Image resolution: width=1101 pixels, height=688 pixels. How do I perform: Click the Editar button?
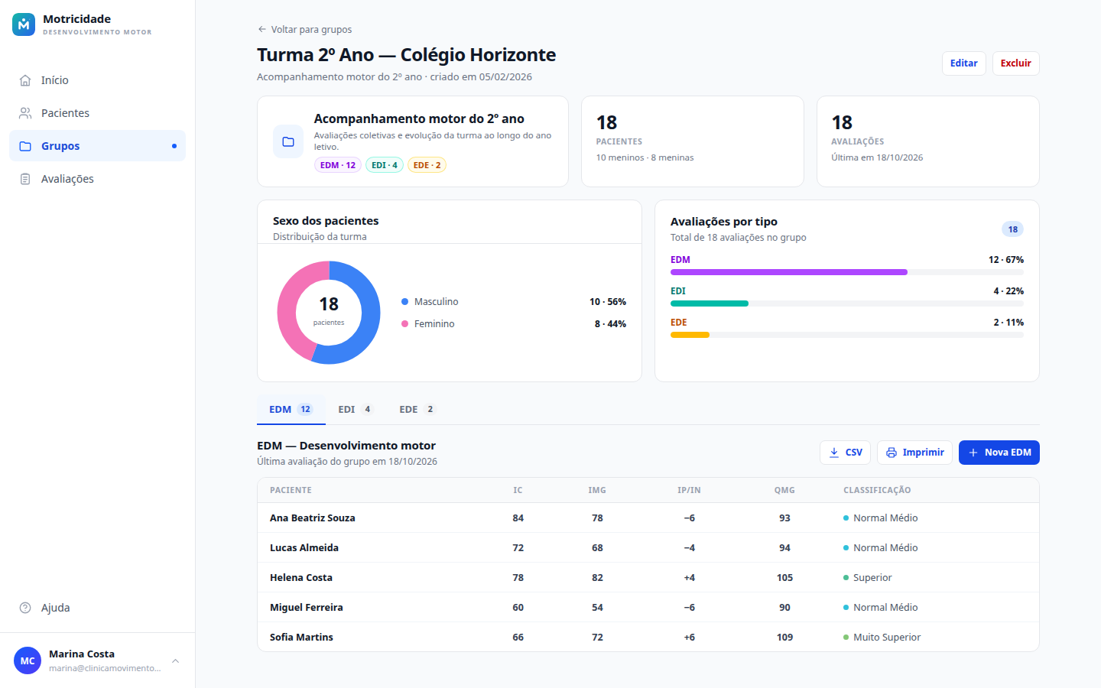963,63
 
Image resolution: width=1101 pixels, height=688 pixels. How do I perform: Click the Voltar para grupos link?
305,30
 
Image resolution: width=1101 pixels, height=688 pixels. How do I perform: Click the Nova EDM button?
999,452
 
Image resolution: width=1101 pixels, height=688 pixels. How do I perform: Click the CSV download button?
845,452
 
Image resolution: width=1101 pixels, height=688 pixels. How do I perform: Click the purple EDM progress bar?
789,272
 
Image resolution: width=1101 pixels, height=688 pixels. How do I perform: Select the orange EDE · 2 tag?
427,165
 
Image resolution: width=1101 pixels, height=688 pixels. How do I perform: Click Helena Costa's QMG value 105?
784,577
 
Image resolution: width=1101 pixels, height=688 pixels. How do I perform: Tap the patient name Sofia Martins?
301,637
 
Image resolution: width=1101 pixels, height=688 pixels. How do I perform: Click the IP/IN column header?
689,490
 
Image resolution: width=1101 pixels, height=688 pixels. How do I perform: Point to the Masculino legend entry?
430,302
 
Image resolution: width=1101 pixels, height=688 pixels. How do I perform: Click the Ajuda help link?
55,608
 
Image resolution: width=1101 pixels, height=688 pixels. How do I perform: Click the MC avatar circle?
28,660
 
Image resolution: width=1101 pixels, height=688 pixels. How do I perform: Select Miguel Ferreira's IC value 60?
518,608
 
